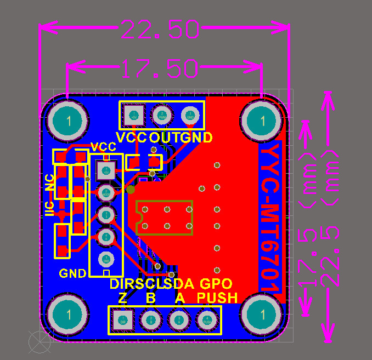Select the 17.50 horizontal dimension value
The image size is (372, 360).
tap(159, 68)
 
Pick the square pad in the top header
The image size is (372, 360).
tap(133, 115)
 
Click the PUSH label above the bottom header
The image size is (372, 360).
tap(218, 298)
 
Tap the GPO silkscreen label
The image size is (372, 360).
tap(216, 284)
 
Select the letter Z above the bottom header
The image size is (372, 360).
tap(123, 298)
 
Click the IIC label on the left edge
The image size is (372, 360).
tap(49, 209)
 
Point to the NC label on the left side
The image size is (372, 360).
tap(50, 182)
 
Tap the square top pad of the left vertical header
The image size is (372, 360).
tap(105, 170)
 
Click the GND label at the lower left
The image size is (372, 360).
tap(72, 273)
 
